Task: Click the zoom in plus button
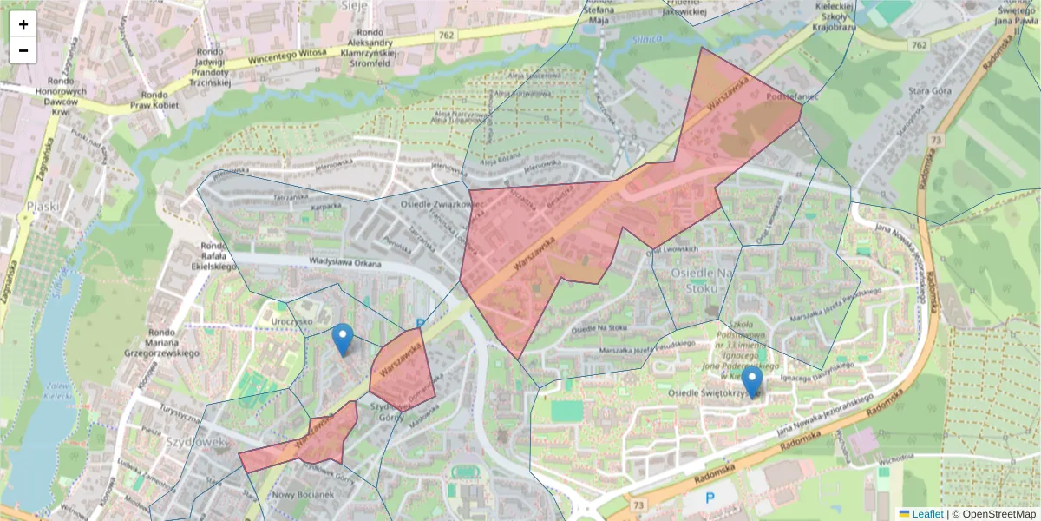tap(23, 24)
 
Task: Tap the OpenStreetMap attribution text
tap(994, 513)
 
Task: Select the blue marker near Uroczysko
tap(344, 340)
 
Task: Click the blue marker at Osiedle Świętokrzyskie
tap(752, 383)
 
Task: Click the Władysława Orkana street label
tap(345, 263)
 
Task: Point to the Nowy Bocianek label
tap(303, 494)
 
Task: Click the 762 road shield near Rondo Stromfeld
tap(446, 36)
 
